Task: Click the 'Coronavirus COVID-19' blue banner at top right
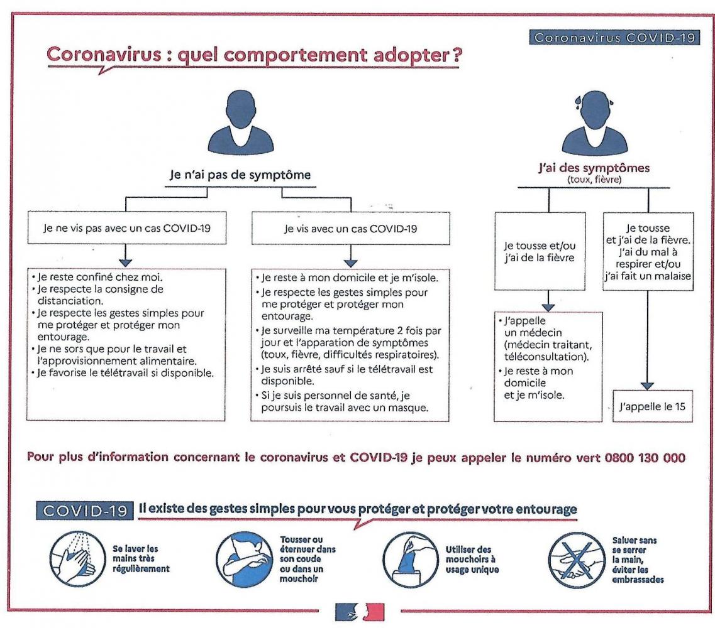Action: click(x=614, y=37)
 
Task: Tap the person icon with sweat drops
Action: click(x=595, y=122)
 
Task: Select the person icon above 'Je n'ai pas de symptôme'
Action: click(x=240, y=121)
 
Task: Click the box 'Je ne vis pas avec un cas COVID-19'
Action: click(x=127, y=228)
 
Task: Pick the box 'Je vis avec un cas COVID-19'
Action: click(x=351, y=228)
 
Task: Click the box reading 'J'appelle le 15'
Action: click(x=653, y=406)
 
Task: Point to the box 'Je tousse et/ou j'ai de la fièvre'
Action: click(x=540, y=251)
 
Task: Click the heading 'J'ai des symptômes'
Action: click(x=594, y=168)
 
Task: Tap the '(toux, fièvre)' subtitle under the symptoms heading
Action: click(x=594, y=180)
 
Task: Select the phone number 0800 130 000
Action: click(x=645, y=458)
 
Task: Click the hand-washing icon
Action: click(x=77, y=559)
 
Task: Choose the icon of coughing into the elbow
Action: click(x=244, y=560)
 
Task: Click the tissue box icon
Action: click(x=411, y=560)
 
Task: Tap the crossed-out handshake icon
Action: click(x=577, y=560)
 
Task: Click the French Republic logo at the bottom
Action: click(x=360, y=612)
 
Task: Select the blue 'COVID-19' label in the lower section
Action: click(x=85, y=511)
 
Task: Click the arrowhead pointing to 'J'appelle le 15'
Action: click(x=648, y=386)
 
